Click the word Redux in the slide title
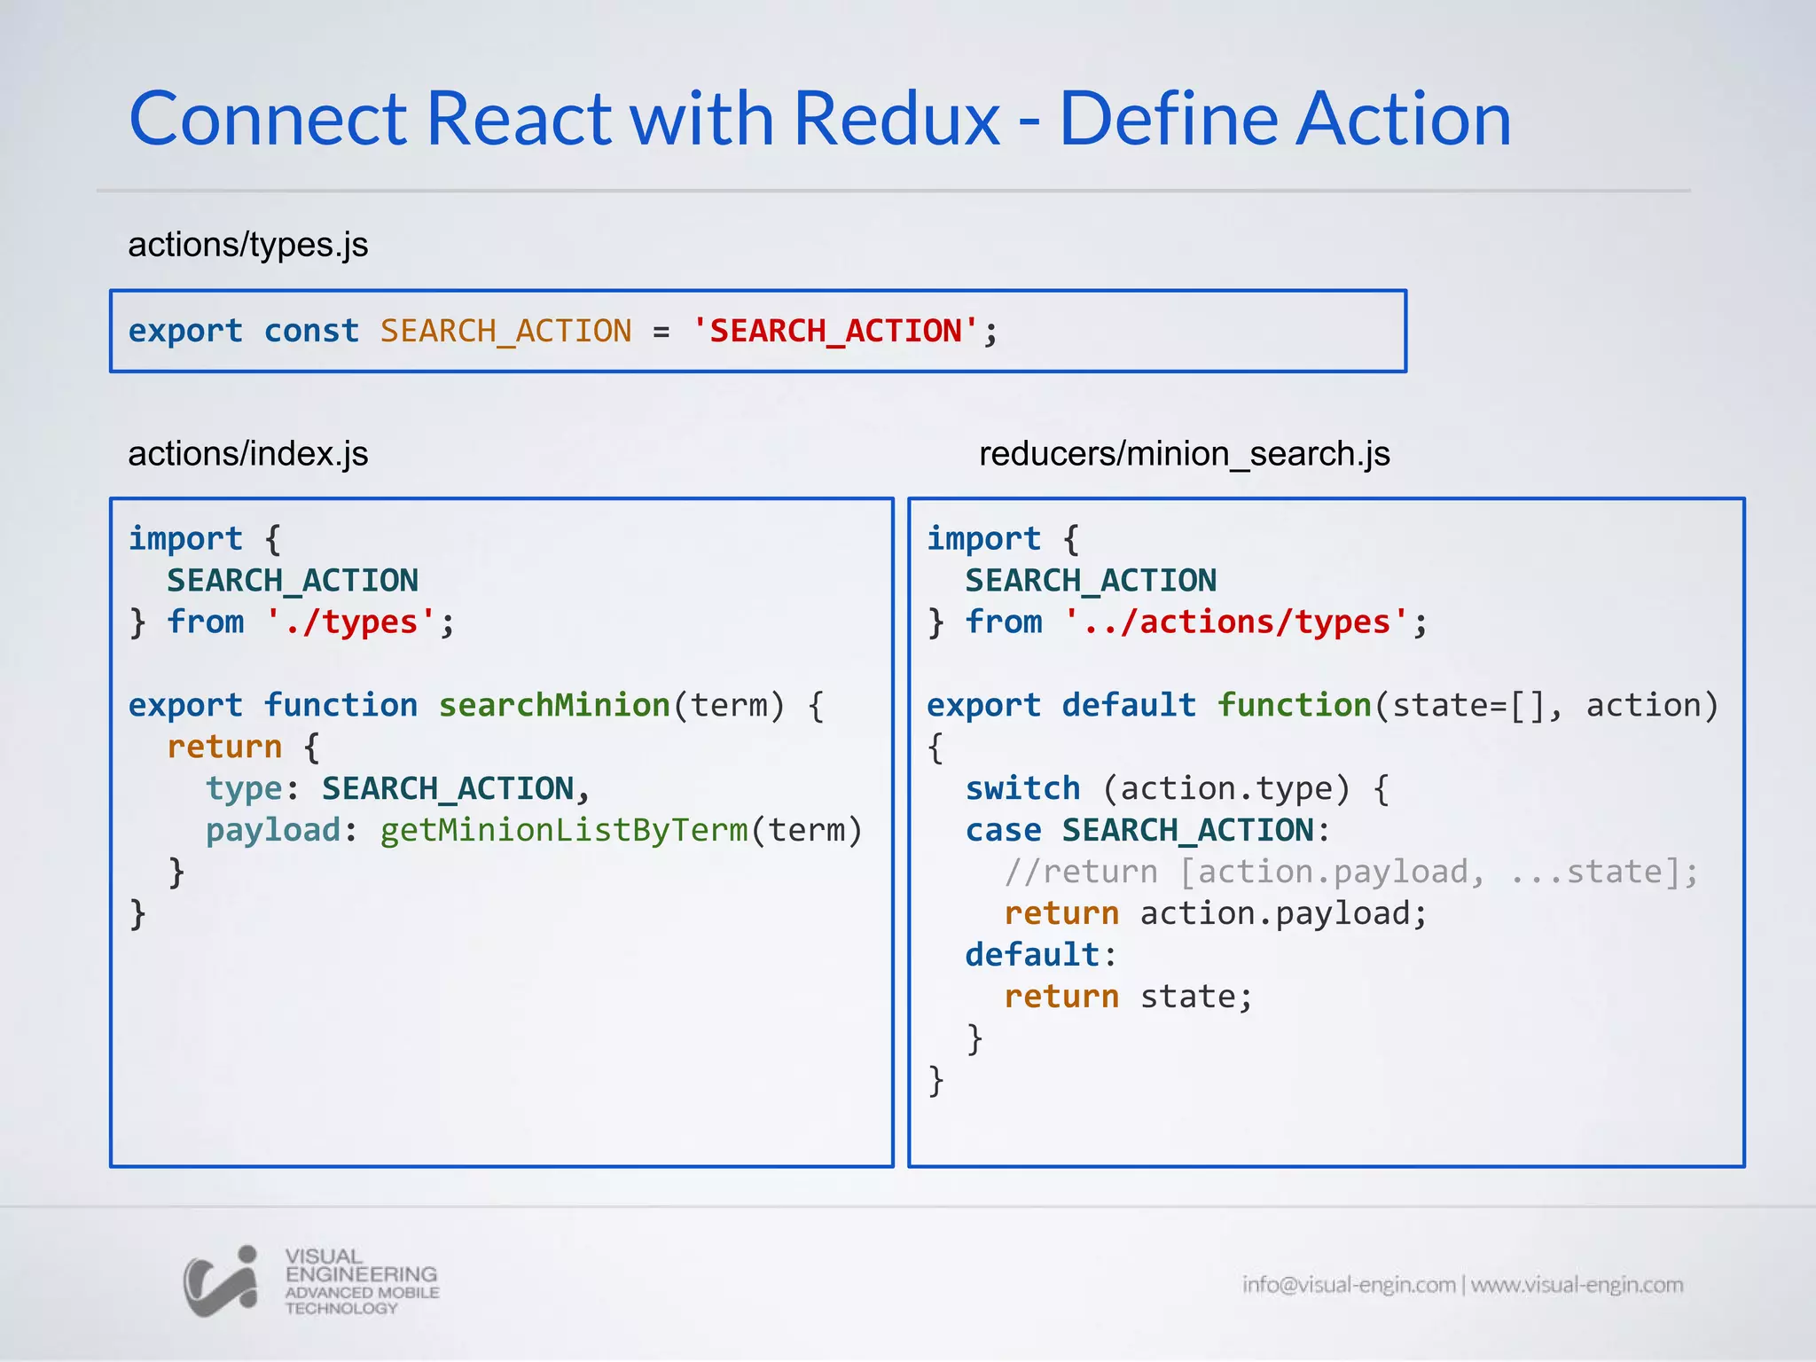tap(896, 119)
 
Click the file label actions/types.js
tap(248, 245)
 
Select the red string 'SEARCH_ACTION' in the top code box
tap(835, 332)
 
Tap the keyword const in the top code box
tap(311, 332)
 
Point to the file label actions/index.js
tap(248, 454)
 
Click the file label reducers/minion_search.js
tap(1184, 454)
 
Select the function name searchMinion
tap(554, 706)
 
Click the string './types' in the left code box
tap(351, 622)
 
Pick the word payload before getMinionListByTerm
tap(273, 831)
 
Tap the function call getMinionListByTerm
tap(564, 831)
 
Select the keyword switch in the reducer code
tap(1022, 789)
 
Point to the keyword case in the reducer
tap(1003, 831)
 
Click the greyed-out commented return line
tap(1350, 873)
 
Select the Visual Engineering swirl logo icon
tap(221, 1281)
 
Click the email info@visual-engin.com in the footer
tap(1348, 1285)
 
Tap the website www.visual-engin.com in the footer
tap(1577, 1285)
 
